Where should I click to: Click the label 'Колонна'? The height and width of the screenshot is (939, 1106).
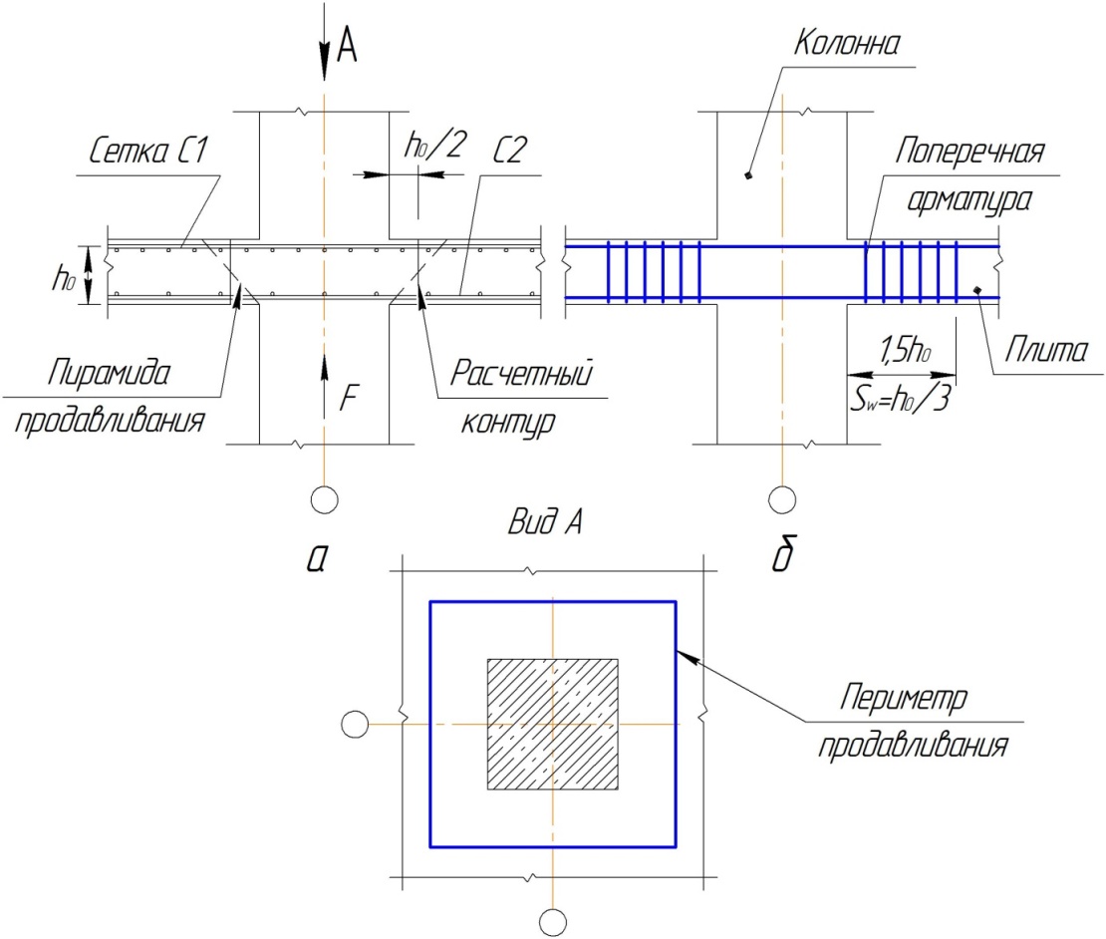click(x=846, y=43)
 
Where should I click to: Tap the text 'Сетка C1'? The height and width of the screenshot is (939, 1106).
click(x=148, y=151)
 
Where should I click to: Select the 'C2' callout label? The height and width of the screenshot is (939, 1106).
click(x=509, y=150)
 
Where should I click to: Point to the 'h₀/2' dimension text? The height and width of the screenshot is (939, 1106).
click(x=435, y=144)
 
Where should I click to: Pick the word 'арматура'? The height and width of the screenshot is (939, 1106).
click(x=968, y=200)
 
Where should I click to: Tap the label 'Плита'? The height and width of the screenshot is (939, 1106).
click(x=1045, y=350)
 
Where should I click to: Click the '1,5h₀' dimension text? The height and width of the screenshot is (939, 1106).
click(x=906, y=349)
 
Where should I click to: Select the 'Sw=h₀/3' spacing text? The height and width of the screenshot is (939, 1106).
click(x=900, y=400)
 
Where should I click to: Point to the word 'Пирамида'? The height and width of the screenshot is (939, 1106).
click(x=109, y=373)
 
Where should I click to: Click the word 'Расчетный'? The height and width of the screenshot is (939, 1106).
click(x=521, y=373)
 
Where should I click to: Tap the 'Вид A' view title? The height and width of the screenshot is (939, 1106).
click(x=545, y=522)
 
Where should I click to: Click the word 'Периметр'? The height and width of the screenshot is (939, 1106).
click(x=903, y=698)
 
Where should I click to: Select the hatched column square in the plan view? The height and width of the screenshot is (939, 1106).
click(x=553, y=724)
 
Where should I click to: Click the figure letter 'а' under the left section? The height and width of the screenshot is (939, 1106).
click(x=317, y=558)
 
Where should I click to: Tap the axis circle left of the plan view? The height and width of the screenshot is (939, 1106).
click(x=354, y=725)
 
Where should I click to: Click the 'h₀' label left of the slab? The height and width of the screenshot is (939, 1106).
click(x=64, y=278)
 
